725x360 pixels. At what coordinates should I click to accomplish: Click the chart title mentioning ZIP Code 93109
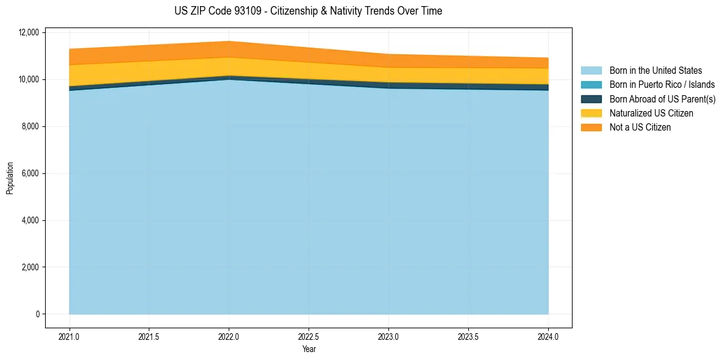coord(309,11)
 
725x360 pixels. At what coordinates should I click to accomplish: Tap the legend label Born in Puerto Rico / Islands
coord(662,85)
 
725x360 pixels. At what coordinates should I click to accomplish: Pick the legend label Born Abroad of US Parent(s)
coord(662,99)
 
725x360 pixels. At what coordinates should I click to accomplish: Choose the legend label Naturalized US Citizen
coord(651,113)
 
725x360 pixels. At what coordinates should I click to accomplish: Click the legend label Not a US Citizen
coord(640,128)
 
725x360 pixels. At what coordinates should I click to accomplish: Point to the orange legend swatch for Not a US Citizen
coord(591,128)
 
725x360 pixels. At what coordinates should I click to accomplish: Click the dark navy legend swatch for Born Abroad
coord(591,99)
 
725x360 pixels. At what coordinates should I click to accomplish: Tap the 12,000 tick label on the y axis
coord(29,32)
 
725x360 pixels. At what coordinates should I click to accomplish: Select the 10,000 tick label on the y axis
coord(29,79)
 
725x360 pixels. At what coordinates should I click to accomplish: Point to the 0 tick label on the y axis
coord(37,314)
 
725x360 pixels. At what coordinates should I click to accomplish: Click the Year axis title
coord(309,350)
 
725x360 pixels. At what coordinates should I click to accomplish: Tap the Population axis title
coord(10,178)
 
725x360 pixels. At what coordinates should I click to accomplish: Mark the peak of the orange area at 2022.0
coord(229,42)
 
